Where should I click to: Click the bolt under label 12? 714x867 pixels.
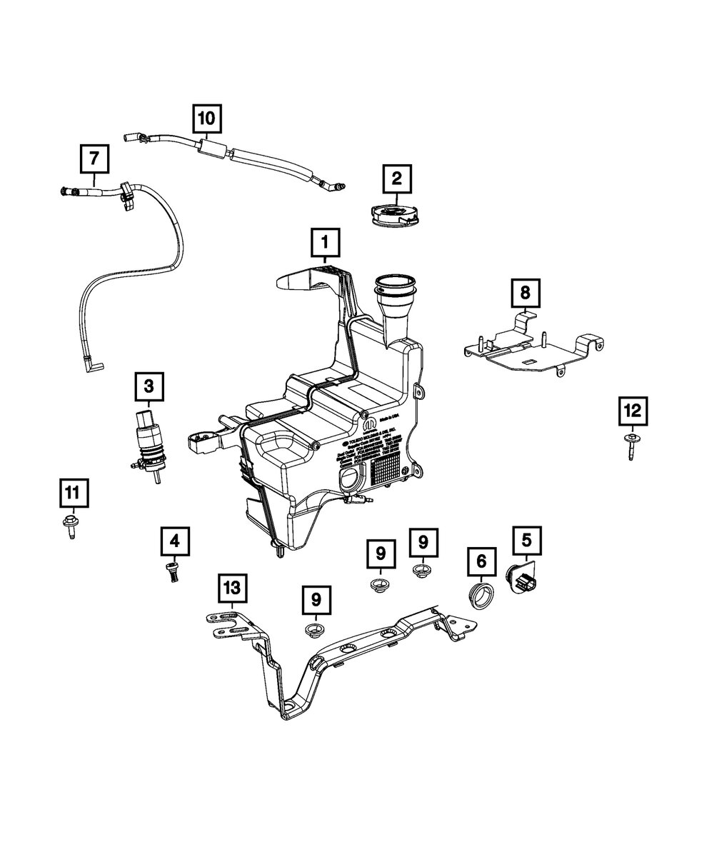[x=632, y=447]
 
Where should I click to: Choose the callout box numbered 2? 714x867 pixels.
[x=397, y=179]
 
